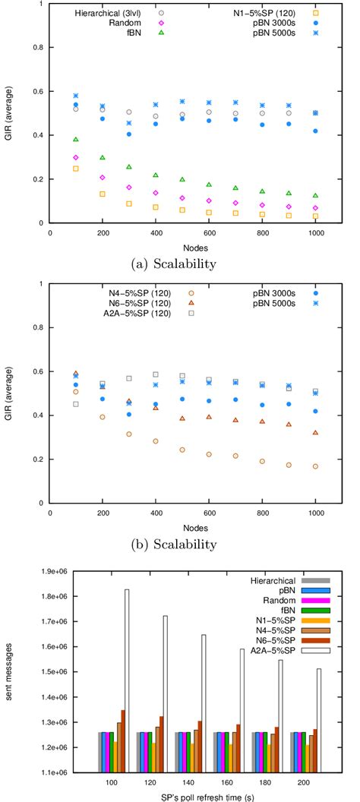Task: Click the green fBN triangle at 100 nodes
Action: pyautogui.click(x=76, y=140)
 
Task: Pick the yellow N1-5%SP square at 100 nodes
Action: pyautogui.click(x=76, y=169)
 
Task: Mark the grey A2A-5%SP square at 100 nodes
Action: pyautogui.click(x=76, y=404)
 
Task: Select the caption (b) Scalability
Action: pyautogui.click(x=179, y=544)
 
